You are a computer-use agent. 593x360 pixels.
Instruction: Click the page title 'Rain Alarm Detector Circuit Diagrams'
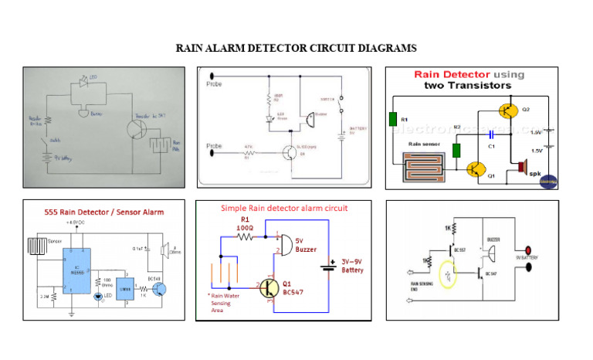coord(296,48)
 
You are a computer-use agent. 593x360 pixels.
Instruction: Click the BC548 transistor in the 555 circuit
coord(159,288)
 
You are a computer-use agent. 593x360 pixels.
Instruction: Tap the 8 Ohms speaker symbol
coord(164,250)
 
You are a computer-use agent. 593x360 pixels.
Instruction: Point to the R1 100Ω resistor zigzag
coord(246,237)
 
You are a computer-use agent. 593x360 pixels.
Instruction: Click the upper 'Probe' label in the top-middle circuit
coord(214,84)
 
